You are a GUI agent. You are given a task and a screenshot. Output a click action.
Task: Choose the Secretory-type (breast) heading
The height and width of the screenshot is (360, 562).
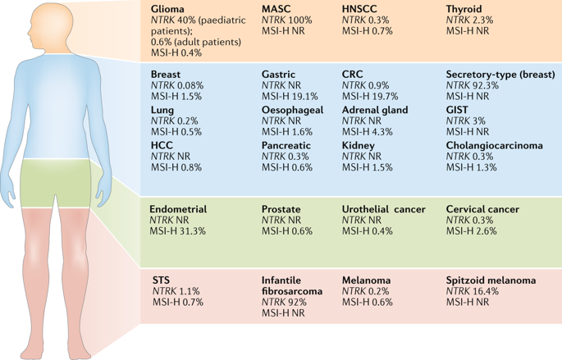pyautogui.click(x=500, y=74)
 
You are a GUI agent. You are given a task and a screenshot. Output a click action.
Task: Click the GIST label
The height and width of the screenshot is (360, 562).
pyautogui.click(x=459, y=110)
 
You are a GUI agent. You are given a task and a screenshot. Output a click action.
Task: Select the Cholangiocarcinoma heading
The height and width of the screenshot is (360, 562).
pyautogui.click(x=494, y=145)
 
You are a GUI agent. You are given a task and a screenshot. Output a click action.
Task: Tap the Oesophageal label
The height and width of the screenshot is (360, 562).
pyautogui.click(x=292, y=110)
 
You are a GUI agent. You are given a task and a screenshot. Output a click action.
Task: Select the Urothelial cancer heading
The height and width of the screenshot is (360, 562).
pyautogui.click(x=383, y=209)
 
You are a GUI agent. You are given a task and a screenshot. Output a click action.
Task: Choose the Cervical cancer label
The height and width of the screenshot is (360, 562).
pyautogui.click(x=482, y=209)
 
